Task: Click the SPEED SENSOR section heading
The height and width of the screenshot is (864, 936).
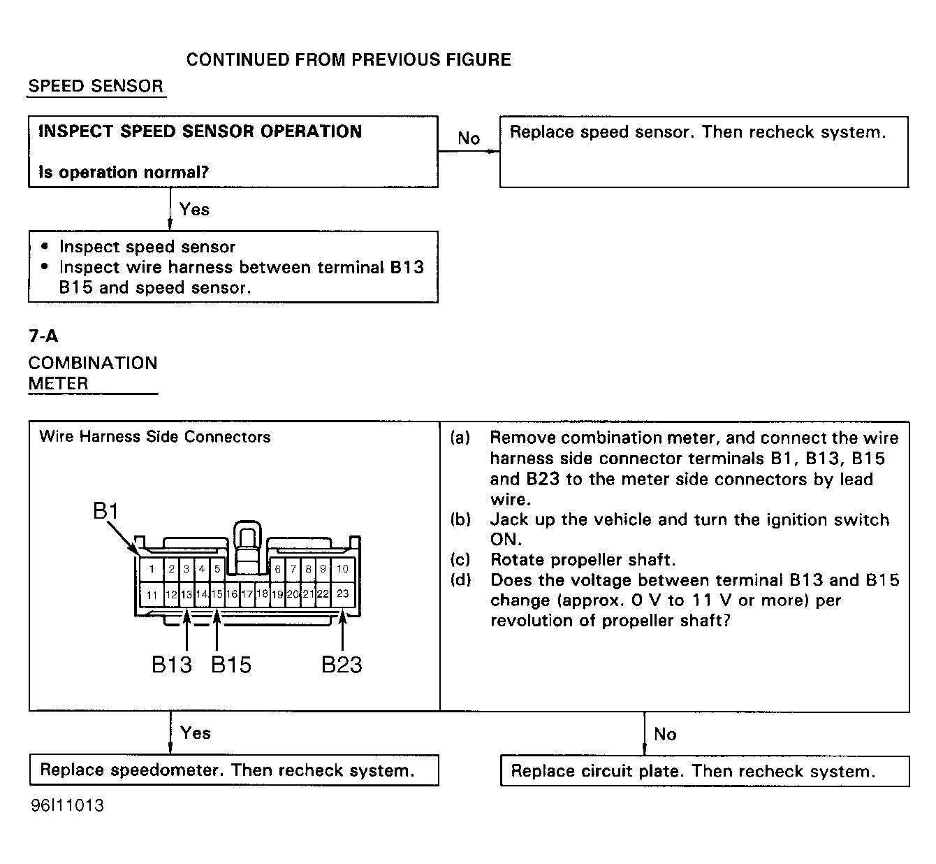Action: [x=96, y=87]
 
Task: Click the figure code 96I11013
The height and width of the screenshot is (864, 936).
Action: [x=67, y=805]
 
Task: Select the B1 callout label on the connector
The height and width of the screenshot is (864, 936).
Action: [x=106, y=512]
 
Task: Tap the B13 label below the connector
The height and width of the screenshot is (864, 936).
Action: [x=172, y=664]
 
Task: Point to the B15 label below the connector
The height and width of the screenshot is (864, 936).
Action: [x=231, y=664]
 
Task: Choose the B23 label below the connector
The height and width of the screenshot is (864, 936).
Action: [x=342, y=664]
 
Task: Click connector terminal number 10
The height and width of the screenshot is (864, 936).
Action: [x=342, y=569]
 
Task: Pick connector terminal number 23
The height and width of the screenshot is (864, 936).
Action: [x=342, y=593]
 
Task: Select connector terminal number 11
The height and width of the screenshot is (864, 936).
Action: [x=152, y=595]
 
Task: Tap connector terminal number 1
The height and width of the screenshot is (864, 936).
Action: [x=152, y=569]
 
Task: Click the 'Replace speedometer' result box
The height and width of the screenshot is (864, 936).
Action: [x=233, y=770]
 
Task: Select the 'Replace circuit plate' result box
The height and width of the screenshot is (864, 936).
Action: [x=704, y=771]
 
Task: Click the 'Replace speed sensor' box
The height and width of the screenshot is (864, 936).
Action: [x=703, y=152]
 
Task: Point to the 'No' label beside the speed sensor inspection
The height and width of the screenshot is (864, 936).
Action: [x=469, y=138]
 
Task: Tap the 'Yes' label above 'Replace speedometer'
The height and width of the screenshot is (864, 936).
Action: [x=196, y=733]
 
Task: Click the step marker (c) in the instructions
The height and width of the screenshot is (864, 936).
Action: [x=460, y=560]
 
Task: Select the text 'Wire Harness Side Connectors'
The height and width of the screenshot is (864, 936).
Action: [x=155, y=437]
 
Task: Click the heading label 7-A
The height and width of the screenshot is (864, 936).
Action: [x=43, y=336]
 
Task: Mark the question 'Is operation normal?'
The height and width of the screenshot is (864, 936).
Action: [x=124, y=173]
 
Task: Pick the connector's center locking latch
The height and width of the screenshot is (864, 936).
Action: [x=247, y=542]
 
